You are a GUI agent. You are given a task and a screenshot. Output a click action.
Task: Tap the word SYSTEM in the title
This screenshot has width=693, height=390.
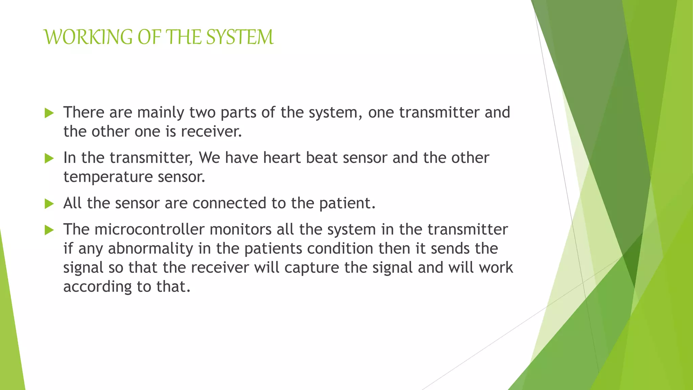240,37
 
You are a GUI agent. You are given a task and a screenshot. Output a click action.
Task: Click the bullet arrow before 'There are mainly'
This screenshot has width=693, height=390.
49,113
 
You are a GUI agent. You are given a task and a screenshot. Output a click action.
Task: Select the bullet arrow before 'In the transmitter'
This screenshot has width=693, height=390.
49,158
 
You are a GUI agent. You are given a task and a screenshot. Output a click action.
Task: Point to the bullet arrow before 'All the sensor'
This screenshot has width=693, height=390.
49,203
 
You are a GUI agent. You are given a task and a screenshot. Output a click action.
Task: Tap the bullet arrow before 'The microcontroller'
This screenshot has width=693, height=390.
49,230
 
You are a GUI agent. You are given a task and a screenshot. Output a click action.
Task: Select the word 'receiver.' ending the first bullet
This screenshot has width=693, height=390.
211,132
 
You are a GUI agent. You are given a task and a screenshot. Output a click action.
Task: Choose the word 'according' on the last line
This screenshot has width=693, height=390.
97,287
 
